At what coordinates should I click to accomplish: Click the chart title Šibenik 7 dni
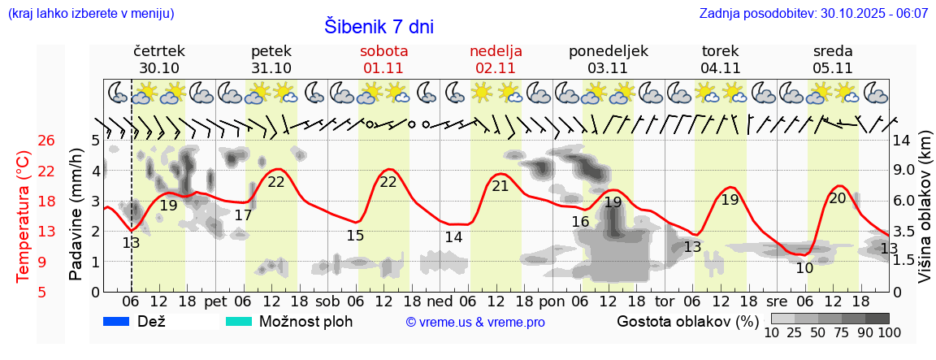tap(379, 26)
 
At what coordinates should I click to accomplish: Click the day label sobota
tap(384, 51)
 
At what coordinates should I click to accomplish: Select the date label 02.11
tap(496, 68)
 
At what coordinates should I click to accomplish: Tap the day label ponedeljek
tap(609, 51)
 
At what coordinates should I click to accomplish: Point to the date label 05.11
tap(833, 68)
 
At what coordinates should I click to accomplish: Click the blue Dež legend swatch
tap(117, 321)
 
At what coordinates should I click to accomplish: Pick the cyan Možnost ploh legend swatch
tap(239, 321)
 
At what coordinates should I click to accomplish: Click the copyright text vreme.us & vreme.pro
tap(475, 323)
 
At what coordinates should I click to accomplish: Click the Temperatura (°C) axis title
tap(24, 216)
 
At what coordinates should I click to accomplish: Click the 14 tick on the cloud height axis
tap(902, 141)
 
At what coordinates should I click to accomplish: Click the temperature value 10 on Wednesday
tap(804, 268)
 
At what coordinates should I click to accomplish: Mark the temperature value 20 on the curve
tap(837, 198)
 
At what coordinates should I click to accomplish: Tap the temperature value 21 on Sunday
tap(500, 186)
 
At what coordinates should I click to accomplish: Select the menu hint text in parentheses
tap(90, 14)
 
